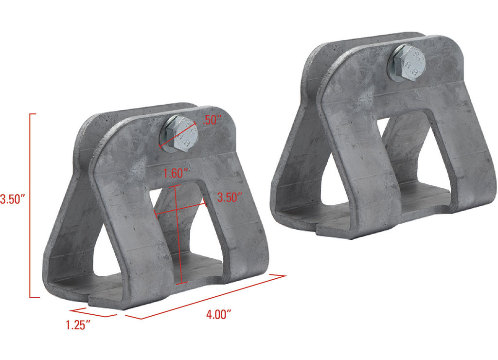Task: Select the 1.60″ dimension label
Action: [175, 174]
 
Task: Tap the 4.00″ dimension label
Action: [218, 315]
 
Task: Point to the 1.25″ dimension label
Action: [78, 325]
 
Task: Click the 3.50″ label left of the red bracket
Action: [12, 199]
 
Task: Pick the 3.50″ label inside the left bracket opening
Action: [230, 198]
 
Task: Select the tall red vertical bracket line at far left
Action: [30, 206]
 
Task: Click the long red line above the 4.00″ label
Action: [206, 296]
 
